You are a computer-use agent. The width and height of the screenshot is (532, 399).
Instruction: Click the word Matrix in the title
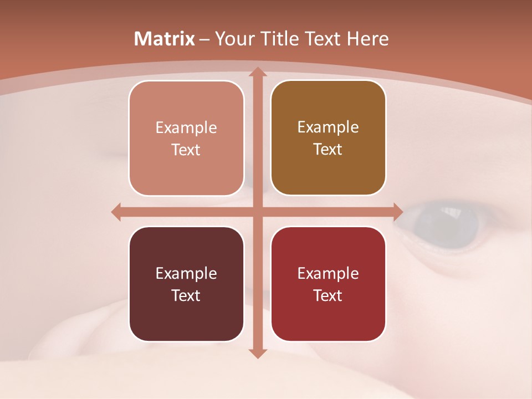(x=165, y=39)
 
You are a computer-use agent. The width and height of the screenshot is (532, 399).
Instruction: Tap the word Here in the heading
(x=367, y=39)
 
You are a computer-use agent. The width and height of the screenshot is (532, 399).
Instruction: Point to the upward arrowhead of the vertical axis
(x=257, y=73)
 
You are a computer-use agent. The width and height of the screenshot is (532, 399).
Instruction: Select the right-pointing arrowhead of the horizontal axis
(x=397, y=212)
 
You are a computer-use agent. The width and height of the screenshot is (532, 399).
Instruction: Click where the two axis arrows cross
(x=257, y=212)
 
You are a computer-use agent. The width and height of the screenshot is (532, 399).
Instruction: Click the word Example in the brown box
(x=328, y=127)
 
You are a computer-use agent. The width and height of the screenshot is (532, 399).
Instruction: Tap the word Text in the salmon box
(x=186, y=150)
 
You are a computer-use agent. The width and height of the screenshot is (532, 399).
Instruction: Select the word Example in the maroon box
(x=186, y=273)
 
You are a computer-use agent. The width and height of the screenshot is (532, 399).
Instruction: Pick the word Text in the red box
(x=328, y=296)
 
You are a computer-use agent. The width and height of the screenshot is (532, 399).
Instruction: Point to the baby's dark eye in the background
(x=447, y=222)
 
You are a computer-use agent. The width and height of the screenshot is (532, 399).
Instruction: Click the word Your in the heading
(x=233, y=39)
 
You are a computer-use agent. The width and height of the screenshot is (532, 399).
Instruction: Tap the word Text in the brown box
(x=328, y=150)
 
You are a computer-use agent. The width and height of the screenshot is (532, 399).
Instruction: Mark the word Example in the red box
(x=328, y=273)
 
